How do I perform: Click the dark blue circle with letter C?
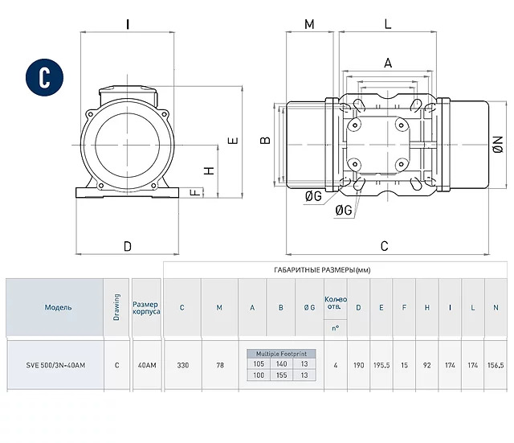(45, 77)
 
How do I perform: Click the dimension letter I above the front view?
(128, 24)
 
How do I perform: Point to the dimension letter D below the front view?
(128, 246)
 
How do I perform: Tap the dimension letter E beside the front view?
(233, 141)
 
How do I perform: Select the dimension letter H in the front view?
(209, 170)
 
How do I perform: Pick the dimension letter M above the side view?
(309, 24)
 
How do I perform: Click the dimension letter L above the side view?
(388, 24)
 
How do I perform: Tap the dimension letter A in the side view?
(388, 63)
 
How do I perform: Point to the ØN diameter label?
(498, 145)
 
